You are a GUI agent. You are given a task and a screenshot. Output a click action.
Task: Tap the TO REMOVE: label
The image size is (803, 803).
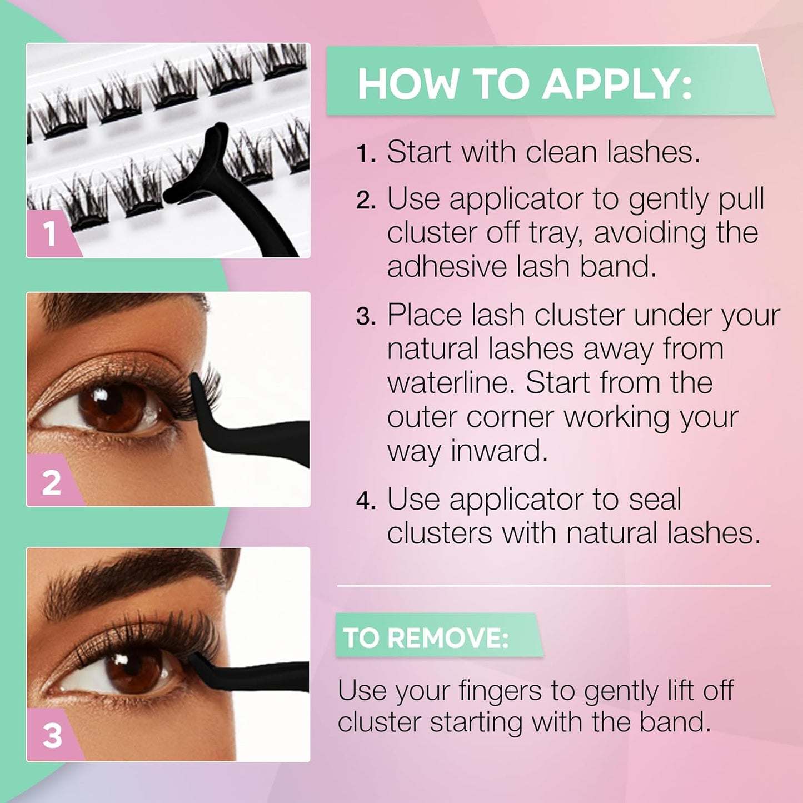[426, 637]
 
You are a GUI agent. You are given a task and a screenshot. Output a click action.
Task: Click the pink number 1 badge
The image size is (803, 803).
[50, 234]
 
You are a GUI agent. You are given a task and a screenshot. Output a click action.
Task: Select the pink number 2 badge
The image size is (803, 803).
[51, 482]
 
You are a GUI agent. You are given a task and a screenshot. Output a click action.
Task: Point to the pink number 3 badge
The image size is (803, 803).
[52, 736]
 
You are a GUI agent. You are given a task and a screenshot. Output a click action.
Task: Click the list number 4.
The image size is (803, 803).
[366, 501]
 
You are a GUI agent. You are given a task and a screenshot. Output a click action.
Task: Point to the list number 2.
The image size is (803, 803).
[366, 201]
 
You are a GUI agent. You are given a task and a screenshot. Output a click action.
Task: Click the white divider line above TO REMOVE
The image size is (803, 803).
[553, 586]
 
